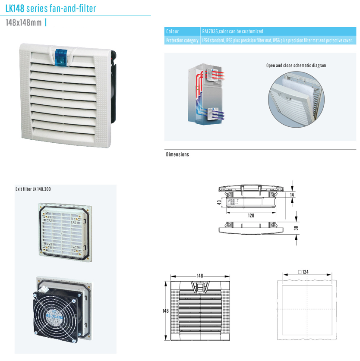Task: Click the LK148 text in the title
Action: click(15, 9)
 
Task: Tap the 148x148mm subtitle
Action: click(23, 22)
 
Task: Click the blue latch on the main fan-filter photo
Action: click(61, 58)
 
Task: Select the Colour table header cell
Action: click(182, 31)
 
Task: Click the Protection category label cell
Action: click(182, 40)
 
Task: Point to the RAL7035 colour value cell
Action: click(278, 31)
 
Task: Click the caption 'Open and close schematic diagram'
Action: click(296, 66)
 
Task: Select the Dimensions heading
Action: click(177, 154)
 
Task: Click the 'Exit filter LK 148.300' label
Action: click(33, 189)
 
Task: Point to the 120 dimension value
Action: click(251, 216)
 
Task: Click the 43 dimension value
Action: click(219, 202)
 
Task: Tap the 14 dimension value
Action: click(292, 195)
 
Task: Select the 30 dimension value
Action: click(296, 228)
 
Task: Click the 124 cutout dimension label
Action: click(303, 272)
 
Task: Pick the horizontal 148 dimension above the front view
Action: click(200, 276)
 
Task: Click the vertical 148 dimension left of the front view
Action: click(165, 311)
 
